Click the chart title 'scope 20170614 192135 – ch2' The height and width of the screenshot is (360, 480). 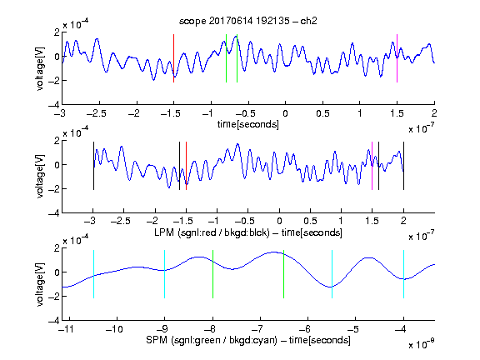[x=248, y=21]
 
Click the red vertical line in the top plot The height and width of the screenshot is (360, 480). [x=173, y=58]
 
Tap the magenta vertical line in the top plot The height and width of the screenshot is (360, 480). [x=397, y=58]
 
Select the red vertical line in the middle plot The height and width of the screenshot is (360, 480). [x=186, y=166]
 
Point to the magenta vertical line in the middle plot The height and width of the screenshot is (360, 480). [x=372, y=166]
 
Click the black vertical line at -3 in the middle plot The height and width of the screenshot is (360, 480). [x=93, y=166]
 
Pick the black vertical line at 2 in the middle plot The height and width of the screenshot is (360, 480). [x=403, y=166]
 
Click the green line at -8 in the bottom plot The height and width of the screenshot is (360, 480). [x=212, y=274]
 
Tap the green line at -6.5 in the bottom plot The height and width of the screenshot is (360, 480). [x=284, y=274]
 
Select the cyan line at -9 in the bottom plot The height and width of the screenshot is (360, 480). [x=165, y=274]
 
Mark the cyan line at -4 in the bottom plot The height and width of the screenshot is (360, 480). [x=403, y=274]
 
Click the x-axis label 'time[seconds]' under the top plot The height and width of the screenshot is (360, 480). [x=248, y=125]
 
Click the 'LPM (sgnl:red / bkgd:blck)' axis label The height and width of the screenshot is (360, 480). [x=212, y=232]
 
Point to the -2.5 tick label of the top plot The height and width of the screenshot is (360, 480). [x=97, y=113]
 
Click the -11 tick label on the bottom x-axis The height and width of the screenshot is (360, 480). [x=66, y=329]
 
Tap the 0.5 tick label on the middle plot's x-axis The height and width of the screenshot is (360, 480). [x=310, y=221]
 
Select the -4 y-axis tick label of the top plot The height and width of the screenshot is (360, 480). [x=54, y=105]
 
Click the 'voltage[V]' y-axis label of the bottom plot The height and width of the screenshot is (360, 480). [x=40, y=285]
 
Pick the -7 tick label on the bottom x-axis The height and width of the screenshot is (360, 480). [x=260, y=329]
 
